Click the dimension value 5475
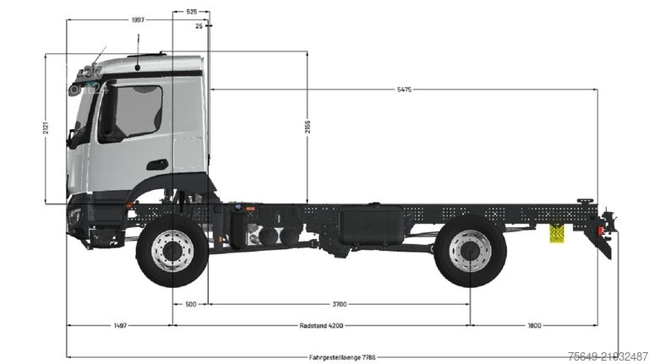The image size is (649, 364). coord(403,90)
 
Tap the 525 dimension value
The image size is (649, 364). coord(191,12)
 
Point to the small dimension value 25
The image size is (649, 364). coord(198,26)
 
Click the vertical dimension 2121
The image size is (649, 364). coord(46,129)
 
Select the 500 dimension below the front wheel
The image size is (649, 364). coord(190,303)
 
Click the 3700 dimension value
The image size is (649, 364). coord(340,303)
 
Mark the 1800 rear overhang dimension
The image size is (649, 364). coord(534,325)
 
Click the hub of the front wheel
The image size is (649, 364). coord(172,251)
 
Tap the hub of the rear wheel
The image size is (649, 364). coord(470,251)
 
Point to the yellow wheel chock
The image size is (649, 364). coord(557,232)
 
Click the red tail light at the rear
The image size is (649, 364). coord(607,223)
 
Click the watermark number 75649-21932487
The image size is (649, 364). coord(608,356)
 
